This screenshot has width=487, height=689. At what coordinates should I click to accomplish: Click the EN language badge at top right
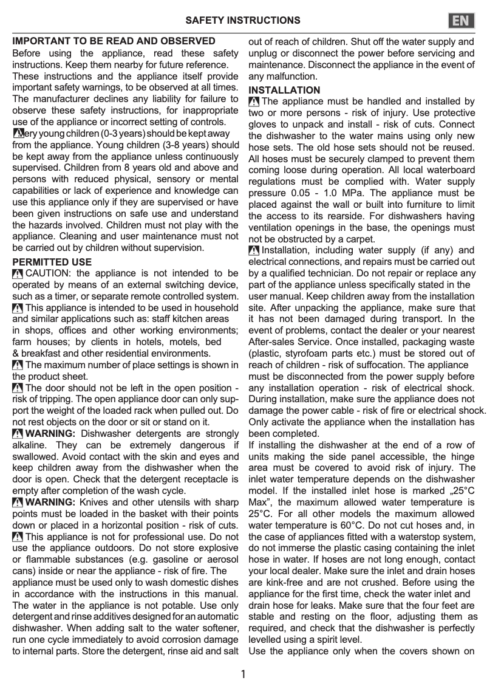[461, 21]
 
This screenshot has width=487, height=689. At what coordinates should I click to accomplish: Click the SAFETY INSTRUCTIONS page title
[242, 21]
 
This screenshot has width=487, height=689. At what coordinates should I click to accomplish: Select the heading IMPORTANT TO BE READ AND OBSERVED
[114, 41]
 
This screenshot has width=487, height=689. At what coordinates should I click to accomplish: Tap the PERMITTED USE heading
[52, 262]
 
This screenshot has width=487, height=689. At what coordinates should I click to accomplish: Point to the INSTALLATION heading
[284, 90]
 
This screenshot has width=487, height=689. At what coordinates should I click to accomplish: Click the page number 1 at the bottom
[243, 674]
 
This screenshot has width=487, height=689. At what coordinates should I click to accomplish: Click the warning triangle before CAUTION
[18, 274]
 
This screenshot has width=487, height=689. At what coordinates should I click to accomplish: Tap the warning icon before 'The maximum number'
[18, 365]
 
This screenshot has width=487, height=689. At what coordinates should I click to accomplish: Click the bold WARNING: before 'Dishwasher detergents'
[51, 433]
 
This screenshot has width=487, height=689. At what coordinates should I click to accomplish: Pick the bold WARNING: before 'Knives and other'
[51, 502]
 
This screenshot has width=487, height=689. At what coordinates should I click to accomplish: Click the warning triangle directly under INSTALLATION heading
[254, 102]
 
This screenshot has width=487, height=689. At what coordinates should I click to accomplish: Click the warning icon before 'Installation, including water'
[254, 250]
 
